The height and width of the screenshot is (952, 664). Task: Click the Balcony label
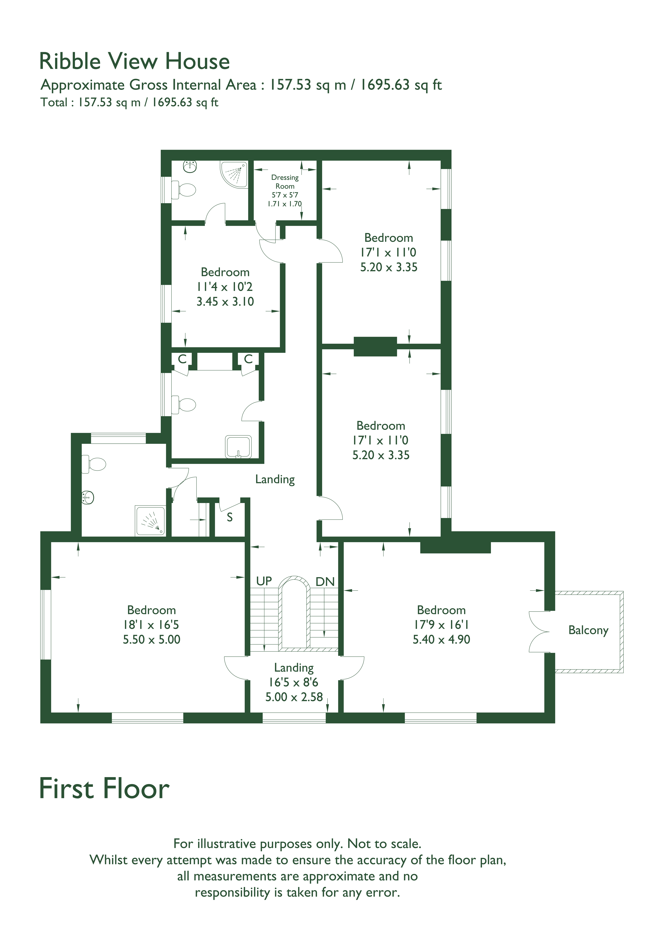588,630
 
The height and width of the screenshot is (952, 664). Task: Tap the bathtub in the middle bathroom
238,447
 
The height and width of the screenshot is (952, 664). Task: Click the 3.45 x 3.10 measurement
225,301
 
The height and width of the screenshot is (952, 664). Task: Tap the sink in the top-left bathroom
190,167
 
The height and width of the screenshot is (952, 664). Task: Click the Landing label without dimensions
275,480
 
